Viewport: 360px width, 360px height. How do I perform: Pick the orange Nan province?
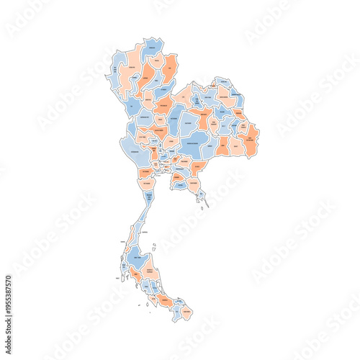[170, 69]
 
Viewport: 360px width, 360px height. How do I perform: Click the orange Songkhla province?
[166, 299]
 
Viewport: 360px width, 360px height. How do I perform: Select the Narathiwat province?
[186, 314]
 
